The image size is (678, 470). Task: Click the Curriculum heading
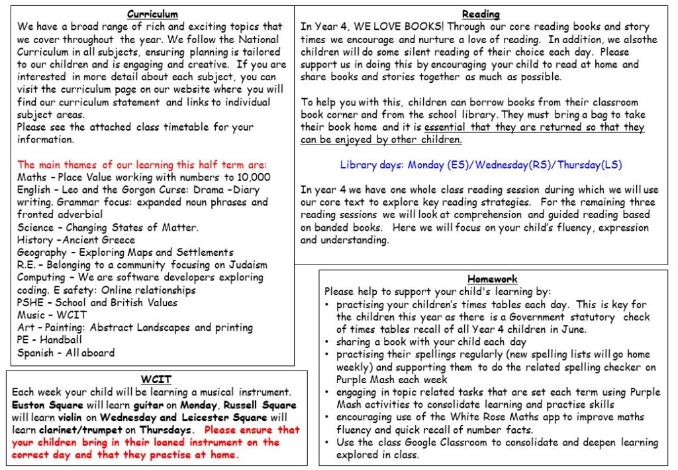tap(152, 14)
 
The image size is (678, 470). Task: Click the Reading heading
tap(481, 14)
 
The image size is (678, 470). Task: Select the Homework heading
tap(493, 279)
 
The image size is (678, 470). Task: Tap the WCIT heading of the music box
tap(156, 380)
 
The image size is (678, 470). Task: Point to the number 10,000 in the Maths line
tap(252, 177)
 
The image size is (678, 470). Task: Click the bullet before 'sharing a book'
tap(329, 342)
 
